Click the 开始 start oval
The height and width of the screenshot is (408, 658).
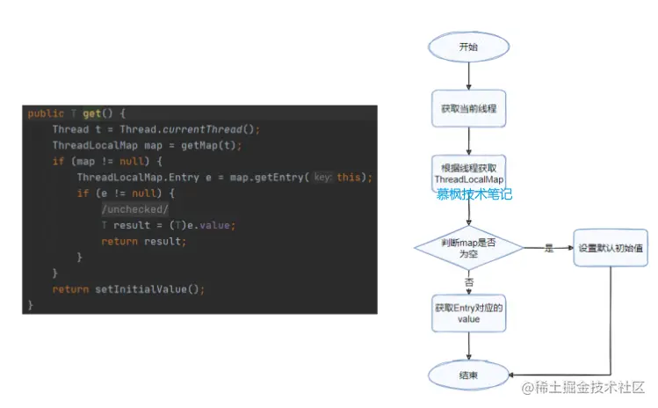coord(468,47)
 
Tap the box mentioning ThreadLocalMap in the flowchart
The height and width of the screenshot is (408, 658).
coord(468,173)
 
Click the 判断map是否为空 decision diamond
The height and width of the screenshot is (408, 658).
coord(468,247)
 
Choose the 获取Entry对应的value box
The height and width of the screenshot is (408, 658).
coord(468,313)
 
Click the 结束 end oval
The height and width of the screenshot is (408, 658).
coord(468,375)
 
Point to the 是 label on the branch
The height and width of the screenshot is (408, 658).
coord(549,248)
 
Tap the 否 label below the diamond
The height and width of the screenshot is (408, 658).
coord(468,283)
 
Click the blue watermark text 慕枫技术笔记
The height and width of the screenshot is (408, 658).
coord(474,194)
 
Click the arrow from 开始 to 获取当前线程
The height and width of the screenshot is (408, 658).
coord(468,75)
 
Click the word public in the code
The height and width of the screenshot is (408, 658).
coord(46,113)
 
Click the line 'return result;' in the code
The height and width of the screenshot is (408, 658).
coord(143,241)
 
